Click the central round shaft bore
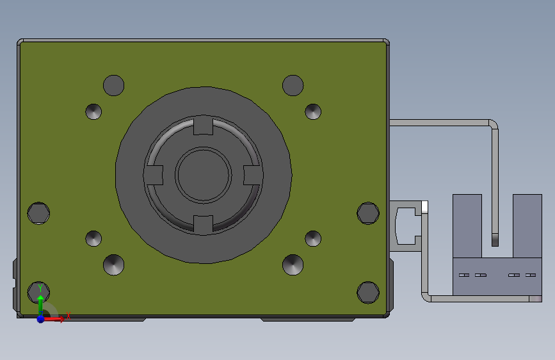click(x=204, y=175)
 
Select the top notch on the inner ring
click(x=203, y=126)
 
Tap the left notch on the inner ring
click(x=154, y=175)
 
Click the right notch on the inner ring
click(x=252, y=175)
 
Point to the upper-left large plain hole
click(x=113, y=85)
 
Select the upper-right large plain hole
click(x=293, y=85)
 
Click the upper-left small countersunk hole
click(x=93, y=111)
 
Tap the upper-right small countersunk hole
click(x=313, y=111)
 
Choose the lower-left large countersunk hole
click(x=114, y=264)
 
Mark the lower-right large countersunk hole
click(x=293, y=264)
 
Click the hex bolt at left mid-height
click(x=38, y=213)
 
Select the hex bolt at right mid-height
click(x=368, y=213)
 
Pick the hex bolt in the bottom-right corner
click(x=368, y=291)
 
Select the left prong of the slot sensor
click(x=467, y=225)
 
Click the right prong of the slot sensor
click(x=527, y=225)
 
